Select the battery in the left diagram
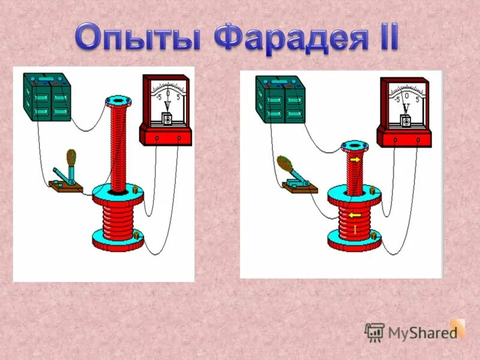pyautogui.click(x=47, y=95)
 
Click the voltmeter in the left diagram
pyautogui.click(x=166, y=110)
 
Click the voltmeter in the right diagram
pyautogui.click(x=404, y=112)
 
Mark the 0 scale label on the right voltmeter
pyautogui.click(x=406, y=95)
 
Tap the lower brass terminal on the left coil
pyautogui.click(x=138, y=235)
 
